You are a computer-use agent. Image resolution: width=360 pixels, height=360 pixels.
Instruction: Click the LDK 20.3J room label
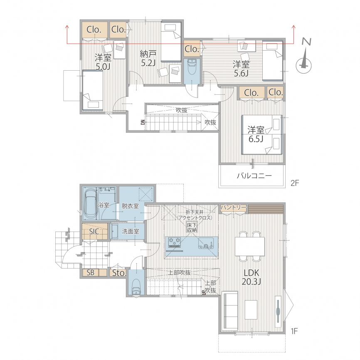252,277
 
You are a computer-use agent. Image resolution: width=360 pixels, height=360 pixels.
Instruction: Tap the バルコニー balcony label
254,176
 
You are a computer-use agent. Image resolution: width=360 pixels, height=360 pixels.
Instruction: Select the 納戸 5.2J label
148,58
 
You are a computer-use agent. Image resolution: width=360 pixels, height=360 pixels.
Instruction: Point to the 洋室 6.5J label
256,134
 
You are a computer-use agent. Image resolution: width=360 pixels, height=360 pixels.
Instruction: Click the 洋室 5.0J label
103,62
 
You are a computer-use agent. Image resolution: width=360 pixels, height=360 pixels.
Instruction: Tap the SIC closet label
94,232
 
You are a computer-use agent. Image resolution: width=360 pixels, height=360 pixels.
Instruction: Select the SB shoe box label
91,273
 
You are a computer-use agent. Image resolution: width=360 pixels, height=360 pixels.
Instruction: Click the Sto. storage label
119,273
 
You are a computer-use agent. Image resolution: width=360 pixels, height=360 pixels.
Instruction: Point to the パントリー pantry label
233,207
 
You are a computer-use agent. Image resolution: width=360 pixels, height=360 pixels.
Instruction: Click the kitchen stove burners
175,242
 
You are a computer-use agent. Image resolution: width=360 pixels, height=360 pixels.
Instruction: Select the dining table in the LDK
250,246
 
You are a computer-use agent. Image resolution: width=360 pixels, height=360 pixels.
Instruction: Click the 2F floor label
295,183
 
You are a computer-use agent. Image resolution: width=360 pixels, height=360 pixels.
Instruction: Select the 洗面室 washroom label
131,231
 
